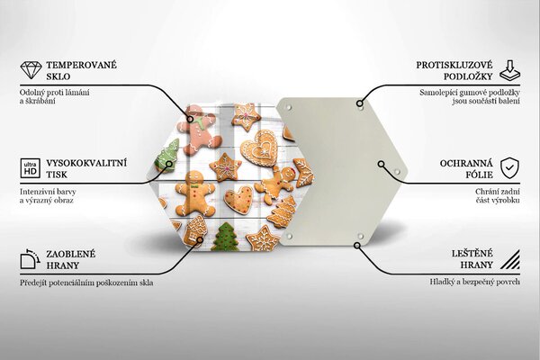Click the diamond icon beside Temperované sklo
pos(31,70)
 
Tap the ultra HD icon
pos(31,168)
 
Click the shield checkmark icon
pos(509,168)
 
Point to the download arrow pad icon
pos(510,71)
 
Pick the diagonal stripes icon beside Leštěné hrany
pos(510,259)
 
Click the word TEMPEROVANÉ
pos(82,65)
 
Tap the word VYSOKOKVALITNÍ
pos(86,163)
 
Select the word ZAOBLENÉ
pos(71,254)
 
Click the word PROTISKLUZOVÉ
pos(454,65)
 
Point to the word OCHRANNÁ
pos(466,163)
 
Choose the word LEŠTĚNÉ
pos(472,253)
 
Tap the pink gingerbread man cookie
pos(200,130)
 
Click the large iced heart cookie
pos(260,148)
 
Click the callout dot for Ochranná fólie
pos(381,164)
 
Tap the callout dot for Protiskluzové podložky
pos(359,103)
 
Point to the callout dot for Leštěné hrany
pos(357,246)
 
